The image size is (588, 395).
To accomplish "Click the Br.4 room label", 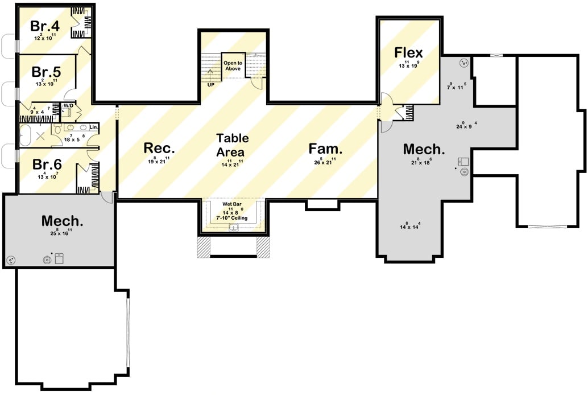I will pos(45,26).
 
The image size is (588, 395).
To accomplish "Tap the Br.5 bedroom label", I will pos(46,72).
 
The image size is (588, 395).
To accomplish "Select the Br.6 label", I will pos(46,164).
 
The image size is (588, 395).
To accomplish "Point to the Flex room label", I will pos(409,52).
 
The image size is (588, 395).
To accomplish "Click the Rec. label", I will pos(159,149).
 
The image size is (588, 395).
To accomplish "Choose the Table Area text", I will pos(230,145).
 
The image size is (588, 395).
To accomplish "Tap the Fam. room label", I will pos(325,149).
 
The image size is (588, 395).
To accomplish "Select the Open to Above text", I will pos(232,65).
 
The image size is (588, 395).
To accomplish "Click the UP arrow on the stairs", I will pos(210,77).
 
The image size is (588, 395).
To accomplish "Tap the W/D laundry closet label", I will pos(68,106).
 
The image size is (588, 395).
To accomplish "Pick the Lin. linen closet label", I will pos(93,126).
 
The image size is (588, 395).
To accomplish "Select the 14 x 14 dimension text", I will pos(410,226).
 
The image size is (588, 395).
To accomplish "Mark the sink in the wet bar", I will pos(233,228).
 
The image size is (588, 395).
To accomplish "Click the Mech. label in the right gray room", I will pos(424,149).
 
